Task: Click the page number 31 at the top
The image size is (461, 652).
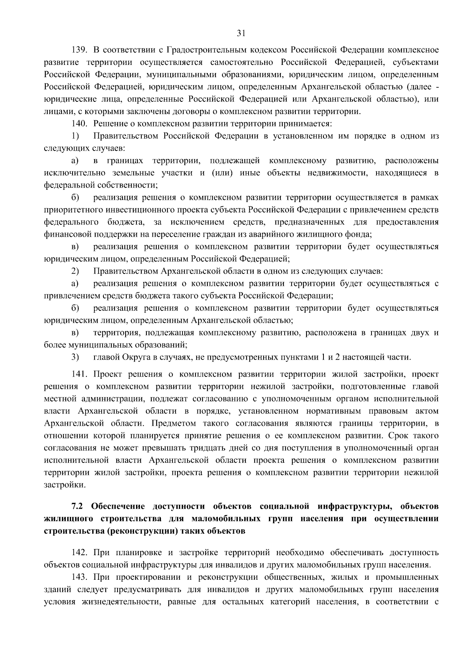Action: pyautogui.click(x=241, y=33)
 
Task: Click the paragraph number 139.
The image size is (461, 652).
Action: pyautogui.click(x=80, y=50)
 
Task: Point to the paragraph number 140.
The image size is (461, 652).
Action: pyautogui.click(x=80, y=124)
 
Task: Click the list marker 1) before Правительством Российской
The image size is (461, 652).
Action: pyautogui.click(x=75, y=136)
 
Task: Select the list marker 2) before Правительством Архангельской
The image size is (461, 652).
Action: pyautogui.click(x=75, y=271)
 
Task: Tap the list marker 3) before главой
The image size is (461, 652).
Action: pyautogui.click(x=75, y=357)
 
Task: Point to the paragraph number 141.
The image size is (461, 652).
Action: pyautogui.click(x=80, y=374)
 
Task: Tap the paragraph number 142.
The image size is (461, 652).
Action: pyautogui.click(x=80, y=552)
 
